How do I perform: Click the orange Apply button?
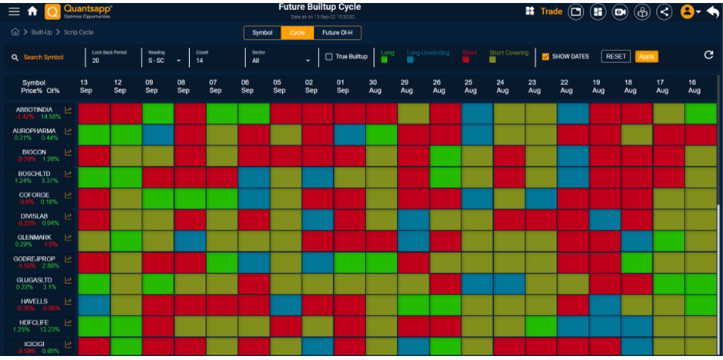[x=646, y=56]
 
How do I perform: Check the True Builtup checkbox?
[x=329, y=56]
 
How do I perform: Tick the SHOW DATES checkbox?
[x=545, y=56]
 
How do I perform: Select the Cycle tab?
[x=297, y=33]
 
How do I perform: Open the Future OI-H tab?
[x=337, y=33]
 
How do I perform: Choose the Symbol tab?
[x=262, y=33]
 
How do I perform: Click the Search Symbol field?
[x=43, y=57]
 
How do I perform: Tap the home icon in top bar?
[x=32, y=11]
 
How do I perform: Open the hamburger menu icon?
[x=14, y=11]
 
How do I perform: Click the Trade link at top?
[x=551, y=11]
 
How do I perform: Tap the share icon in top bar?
[x=664, y=12]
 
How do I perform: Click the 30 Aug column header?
[x=375, y=86]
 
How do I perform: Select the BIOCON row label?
[x=34, y=152]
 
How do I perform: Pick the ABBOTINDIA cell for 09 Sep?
[x=158, y=113]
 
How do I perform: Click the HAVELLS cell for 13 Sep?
[x=94, y=305]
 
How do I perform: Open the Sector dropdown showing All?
[x=281, y=60]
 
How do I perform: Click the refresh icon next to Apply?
[x=708, y=55]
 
